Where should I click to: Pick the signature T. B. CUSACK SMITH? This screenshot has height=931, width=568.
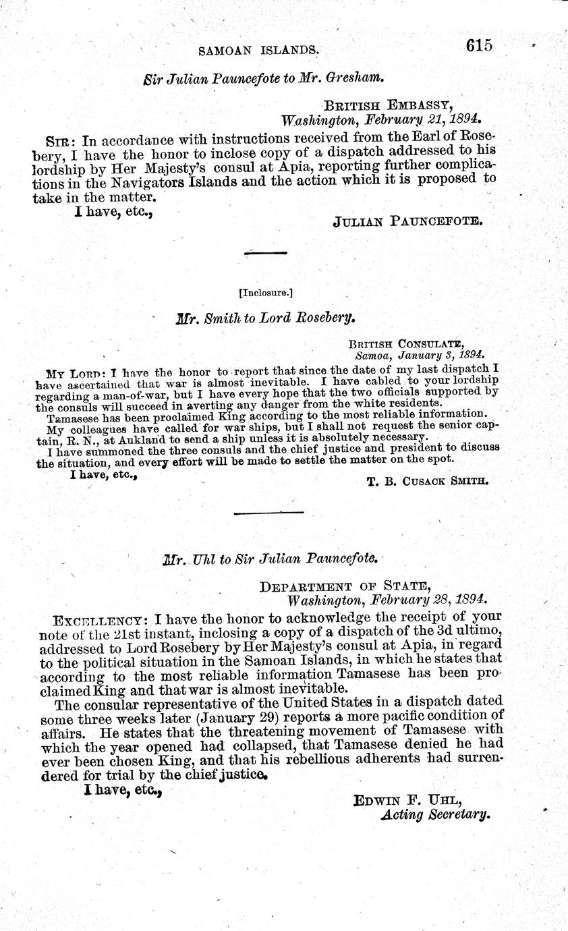point(426,480)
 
